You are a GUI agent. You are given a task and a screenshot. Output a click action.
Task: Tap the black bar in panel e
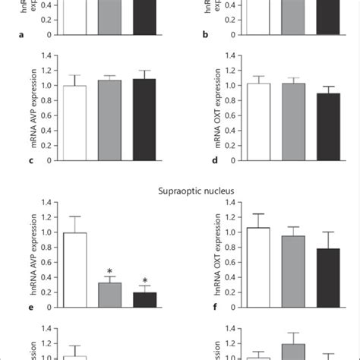(x=144, y=299)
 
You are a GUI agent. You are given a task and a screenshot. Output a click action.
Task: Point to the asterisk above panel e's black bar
(x=144, y=280)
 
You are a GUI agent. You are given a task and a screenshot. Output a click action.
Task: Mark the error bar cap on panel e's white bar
(x=74, y=216)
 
